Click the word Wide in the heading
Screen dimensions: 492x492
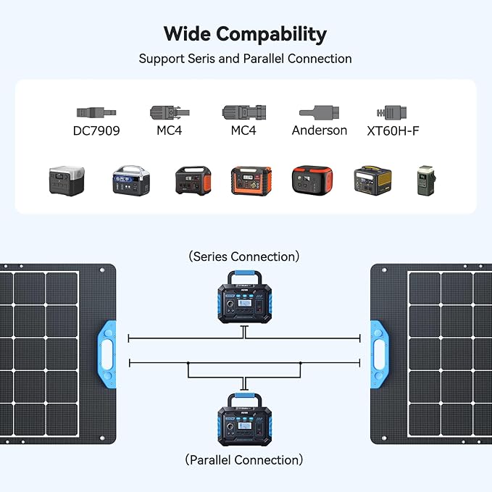click(188, 34)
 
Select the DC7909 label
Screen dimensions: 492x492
click(96, 131)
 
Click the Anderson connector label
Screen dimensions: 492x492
click(320, 131)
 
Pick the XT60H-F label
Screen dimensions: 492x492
click(393, 131)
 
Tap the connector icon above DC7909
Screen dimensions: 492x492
click(96, 113)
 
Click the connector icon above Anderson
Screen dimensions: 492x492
click(320, 113)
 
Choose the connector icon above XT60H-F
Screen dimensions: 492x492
click(392, 113)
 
